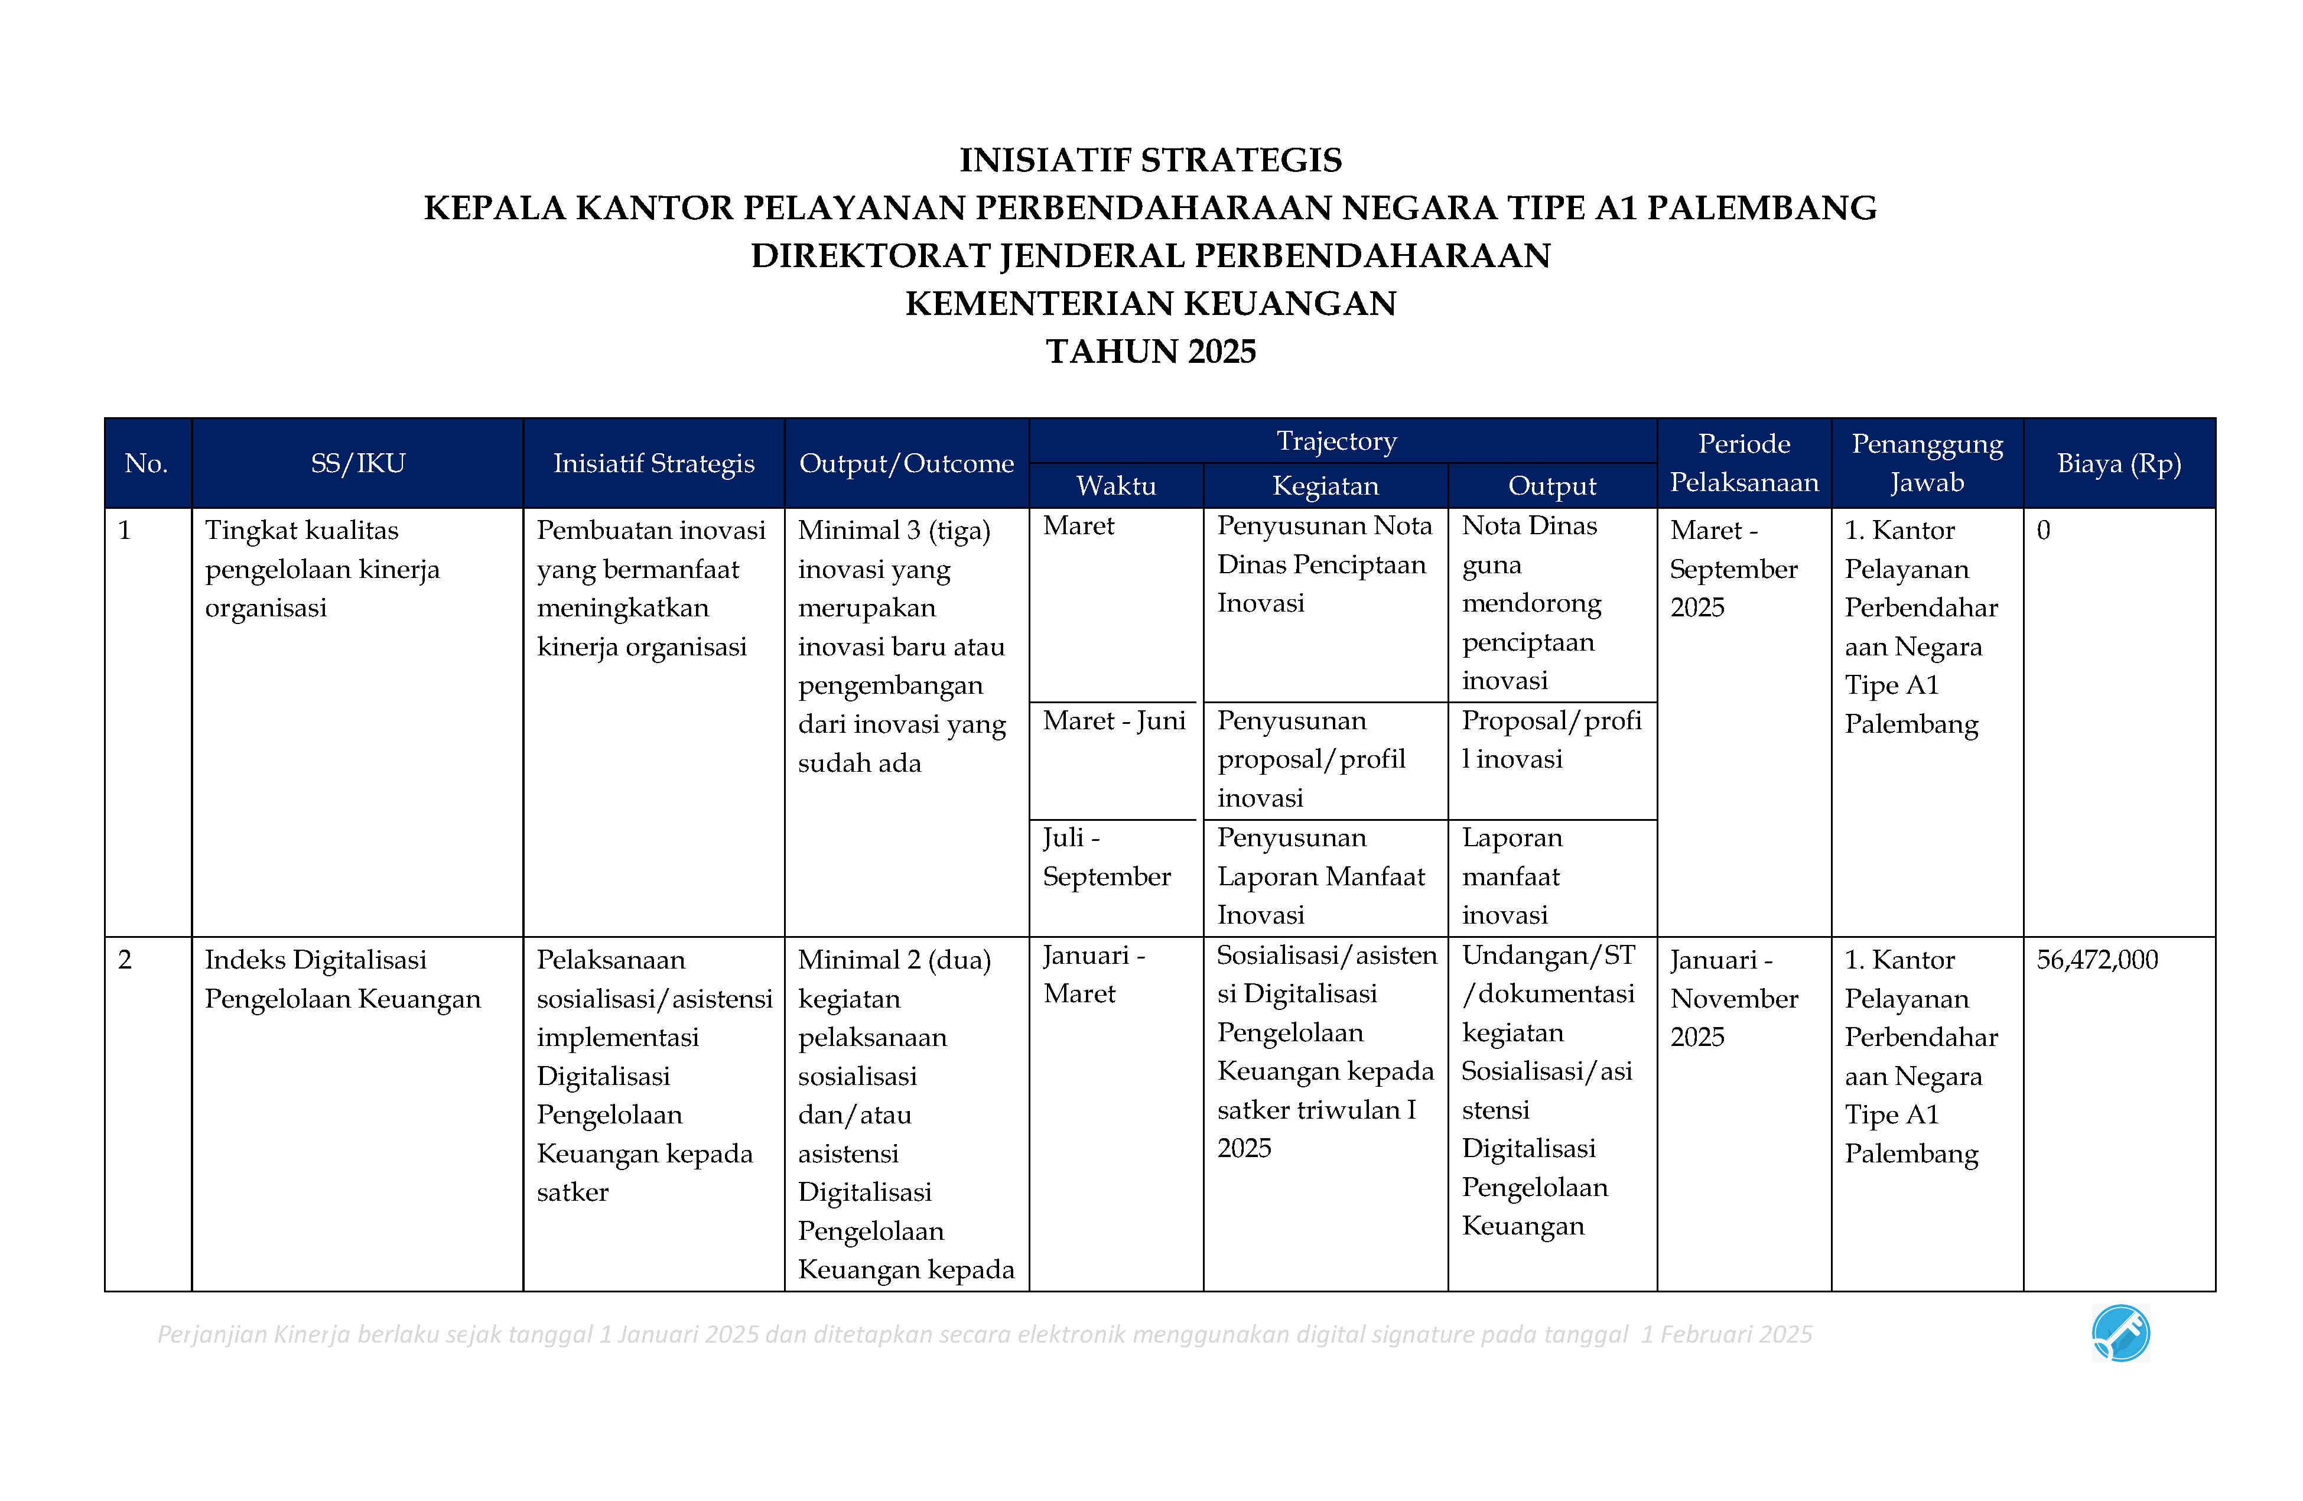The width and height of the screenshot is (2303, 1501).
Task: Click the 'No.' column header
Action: click(x=146, y=463)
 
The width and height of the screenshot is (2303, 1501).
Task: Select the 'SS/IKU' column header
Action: click(x=357, y=463)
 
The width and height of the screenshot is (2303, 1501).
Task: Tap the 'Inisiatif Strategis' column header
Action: click(x=653, y=463)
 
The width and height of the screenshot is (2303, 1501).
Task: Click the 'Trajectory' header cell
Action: click(x=1336, y=441)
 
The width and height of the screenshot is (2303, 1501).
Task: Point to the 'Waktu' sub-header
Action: click(x=1115, y=486)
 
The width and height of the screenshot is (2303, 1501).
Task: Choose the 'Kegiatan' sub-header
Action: click(x=1325, y=486)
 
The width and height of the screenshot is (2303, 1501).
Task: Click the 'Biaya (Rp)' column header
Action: click(x=2118, y=463)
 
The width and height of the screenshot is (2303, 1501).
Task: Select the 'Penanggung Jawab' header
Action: click(x=1927, y=463)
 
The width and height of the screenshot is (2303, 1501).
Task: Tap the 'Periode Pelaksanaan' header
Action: click(x=1743, y=463)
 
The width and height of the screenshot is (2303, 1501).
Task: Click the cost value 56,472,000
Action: click(x=2097, y=960)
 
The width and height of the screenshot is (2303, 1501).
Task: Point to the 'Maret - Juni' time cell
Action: click(x=1114, y=721)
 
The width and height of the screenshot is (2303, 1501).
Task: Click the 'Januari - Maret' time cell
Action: click(x=1094, y=974)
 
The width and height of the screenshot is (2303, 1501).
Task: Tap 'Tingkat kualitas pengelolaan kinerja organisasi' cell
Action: click(x=322, y=569)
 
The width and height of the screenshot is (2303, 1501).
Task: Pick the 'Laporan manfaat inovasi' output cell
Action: click(x=1511, y=876)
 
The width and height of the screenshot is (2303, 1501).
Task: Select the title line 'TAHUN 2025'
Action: click(x=1150, y=351)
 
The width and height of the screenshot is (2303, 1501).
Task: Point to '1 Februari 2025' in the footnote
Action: click(x=1726, y=1334)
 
